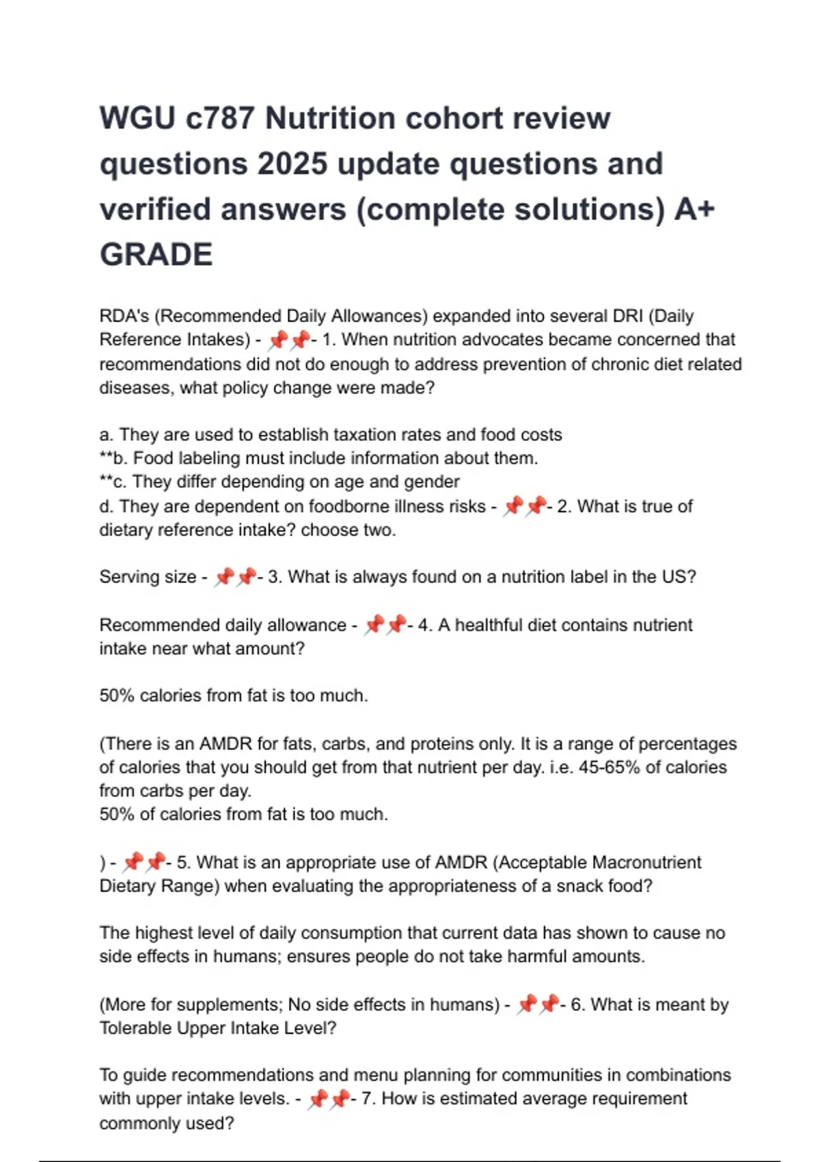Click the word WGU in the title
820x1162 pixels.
(x=137, y=118)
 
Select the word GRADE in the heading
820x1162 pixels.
(x=156, y=255)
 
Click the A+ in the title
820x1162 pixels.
(x=694, y=209)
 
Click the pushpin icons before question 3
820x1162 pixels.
(x=234, y=578)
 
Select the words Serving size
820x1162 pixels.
(x=148, y=578)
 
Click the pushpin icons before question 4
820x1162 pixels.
(x=385, y=625)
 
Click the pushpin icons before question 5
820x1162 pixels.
(x=144, y=863)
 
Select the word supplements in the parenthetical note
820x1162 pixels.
(x=229, y=1005)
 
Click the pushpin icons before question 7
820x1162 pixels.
(x=329, y=1099)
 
